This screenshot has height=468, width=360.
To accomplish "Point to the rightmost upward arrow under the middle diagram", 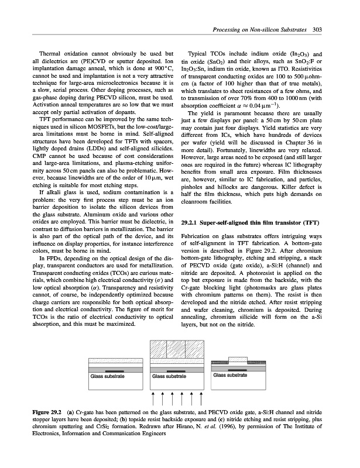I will click(201, 399).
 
